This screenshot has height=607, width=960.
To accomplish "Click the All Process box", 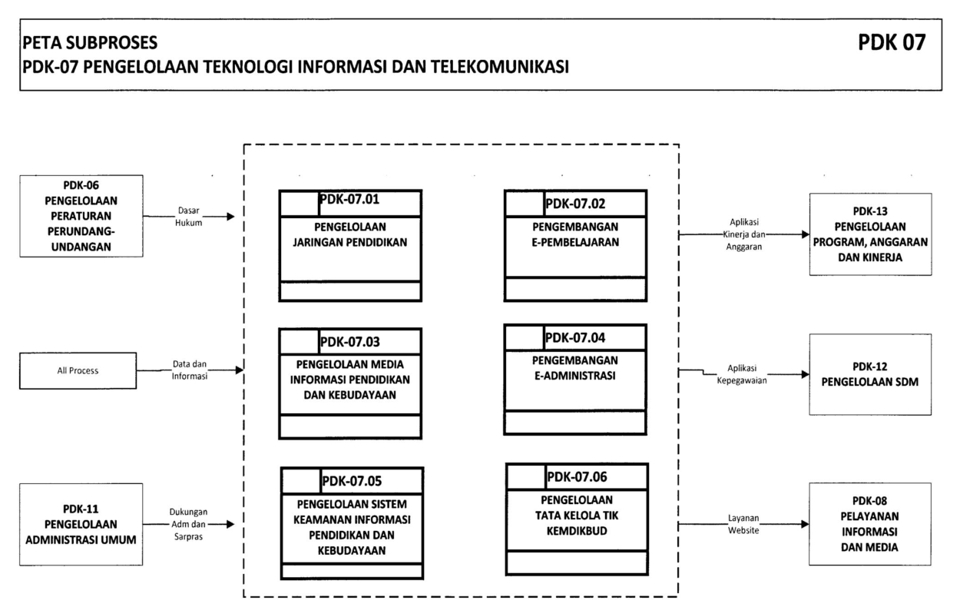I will [78, 370].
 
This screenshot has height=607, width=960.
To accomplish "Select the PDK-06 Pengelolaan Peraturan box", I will [82, 216].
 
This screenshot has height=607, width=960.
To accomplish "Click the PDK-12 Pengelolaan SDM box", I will [869, 374].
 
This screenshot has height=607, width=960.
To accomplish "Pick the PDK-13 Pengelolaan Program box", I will [869, 234].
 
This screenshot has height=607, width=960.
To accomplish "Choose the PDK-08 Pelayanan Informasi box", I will [869, 523].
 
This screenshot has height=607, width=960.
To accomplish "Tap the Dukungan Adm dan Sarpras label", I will [188, 524].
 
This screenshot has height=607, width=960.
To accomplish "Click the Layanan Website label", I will [743, 524].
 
